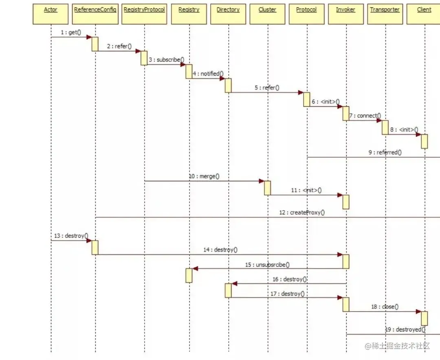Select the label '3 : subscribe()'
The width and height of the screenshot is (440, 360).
point(166,60)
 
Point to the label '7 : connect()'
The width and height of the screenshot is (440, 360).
point(365,116)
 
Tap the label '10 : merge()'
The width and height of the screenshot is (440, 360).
point(204,176)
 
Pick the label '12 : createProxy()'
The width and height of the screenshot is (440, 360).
point(302,213)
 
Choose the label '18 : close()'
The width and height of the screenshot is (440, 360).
point(385,307)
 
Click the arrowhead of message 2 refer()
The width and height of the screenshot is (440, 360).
point(138,51)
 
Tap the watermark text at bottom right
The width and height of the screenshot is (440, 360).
point(397,346)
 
